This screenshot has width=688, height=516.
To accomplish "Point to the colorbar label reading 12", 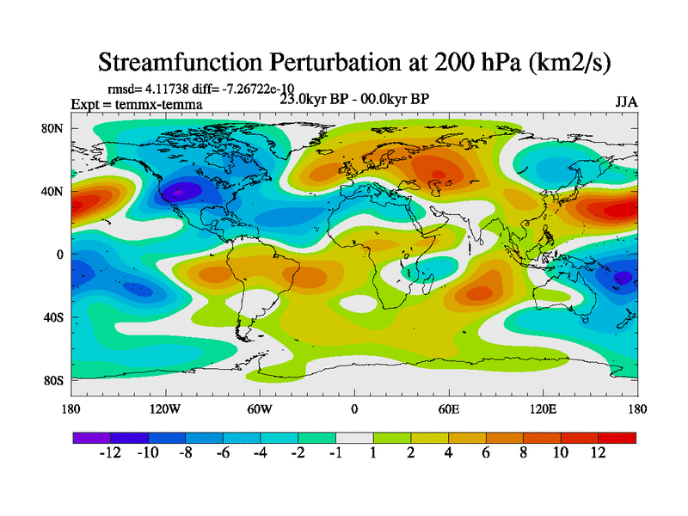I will [x=599, y=453].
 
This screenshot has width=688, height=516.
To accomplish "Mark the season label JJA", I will [x=626, y=101].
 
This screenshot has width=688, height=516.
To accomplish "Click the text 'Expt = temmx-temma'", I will [x=137, y=105].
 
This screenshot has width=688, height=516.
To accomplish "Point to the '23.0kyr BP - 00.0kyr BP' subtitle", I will [x=354, y=98].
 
